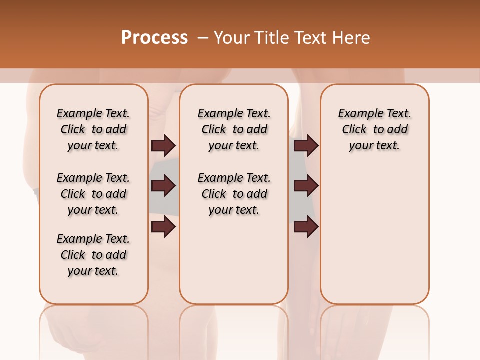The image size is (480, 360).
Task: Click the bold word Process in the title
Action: click(154, 38)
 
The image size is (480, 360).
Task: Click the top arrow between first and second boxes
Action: click(163, 146)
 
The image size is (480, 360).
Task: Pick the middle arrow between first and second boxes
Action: click(163, 186)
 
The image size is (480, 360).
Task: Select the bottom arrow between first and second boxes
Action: click(163, 227)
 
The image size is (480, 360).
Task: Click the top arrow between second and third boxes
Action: click(306, 146)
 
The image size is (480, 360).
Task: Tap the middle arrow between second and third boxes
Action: click(306, 186)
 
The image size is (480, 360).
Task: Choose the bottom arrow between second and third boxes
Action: click(306, 227)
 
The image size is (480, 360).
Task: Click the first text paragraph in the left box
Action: click(93, 129)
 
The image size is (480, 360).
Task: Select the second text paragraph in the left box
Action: click(93, 194)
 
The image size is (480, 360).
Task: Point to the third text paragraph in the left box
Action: click(93, 255)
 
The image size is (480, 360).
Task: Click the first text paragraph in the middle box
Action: click(234, 129)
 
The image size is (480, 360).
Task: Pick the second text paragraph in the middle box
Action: click(234, 194)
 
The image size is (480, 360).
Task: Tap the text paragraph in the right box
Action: click(374, 129)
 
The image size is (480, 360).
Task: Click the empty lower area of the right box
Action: click(374, 235)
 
